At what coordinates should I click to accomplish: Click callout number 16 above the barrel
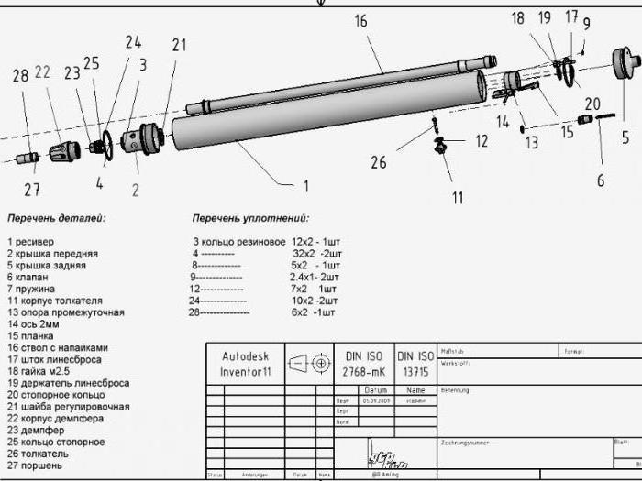[x=360, y=20]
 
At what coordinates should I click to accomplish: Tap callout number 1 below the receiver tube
[x=306, y=185]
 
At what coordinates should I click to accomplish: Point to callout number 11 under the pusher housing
[x=457, y=197]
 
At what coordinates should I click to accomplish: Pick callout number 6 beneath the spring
[x=601, y=180]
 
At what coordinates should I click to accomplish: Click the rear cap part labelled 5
[x=628, y=65]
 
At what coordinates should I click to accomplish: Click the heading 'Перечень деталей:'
[x=57, y=219]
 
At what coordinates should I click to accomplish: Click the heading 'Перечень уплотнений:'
[x=250, y=219]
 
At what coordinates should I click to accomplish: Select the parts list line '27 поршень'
[x=36, y=465]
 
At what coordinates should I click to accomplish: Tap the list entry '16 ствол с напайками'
[x=58, y=348]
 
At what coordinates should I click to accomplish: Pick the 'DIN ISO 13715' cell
[x=415, y=364]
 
